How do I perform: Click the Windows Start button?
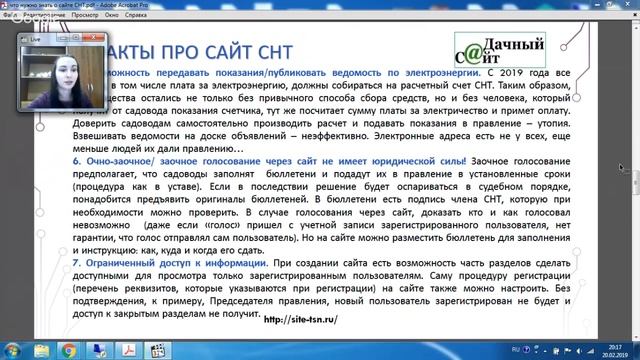9,350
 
